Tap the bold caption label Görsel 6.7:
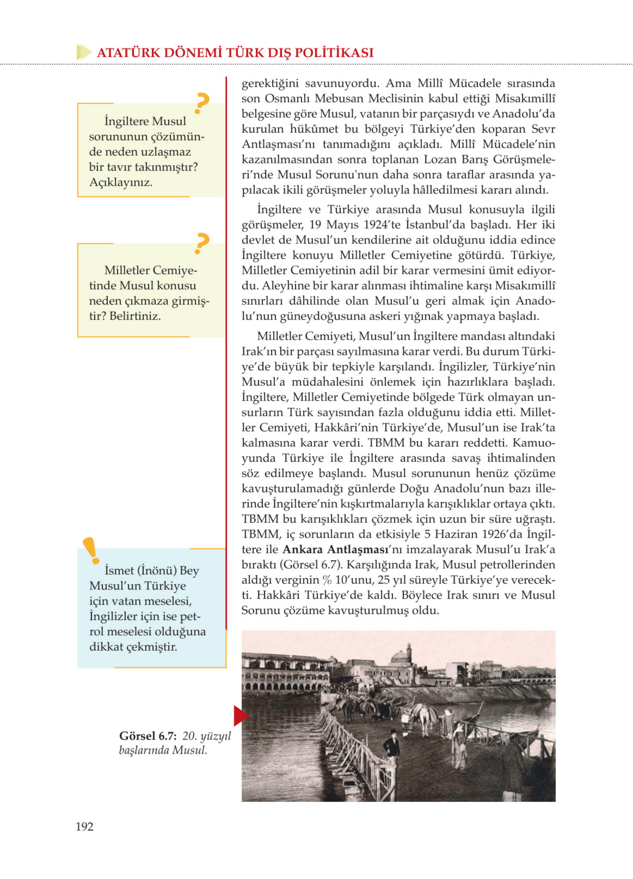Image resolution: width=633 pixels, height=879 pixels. (x=148, y=735)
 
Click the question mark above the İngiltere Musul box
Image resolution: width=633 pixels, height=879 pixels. (x=202, y=103)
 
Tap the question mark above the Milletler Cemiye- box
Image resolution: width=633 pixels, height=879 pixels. (x=202, y=243)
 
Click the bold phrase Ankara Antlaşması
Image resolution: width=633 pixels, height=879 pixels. (x=335, y=549)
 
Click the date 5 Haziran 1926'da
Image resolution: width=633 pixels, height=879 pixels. (x=473, y=534)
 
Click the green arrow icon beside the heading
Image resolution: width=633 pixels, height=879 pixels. (x=84, y=52)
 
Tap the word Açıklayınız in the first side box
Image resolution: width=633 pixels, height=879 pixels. (x=120, y=182)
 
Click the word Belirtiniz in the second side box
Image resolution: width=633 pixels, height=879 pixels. (x=135, y=316)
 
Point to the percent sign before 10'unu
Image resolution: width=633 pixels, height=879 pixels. (x=327, y=580)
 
